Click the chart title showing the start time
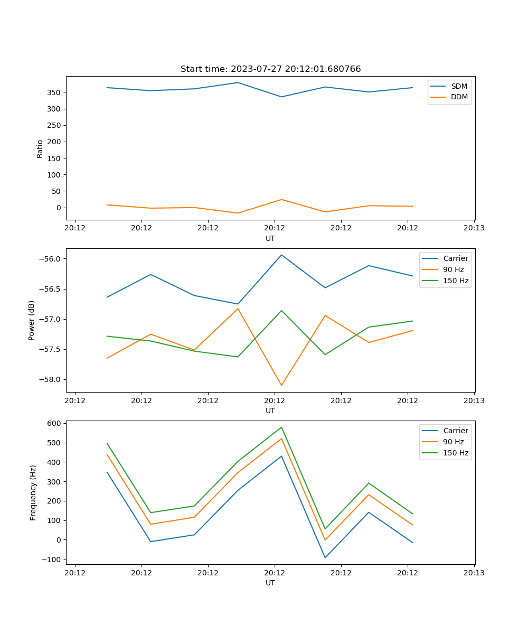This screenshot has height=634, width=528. (x=270, y=69)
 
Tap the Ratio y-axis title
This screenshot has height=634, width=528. (x=40, y=148)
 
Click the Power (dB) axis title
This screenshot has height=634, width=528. (x=32, y=320)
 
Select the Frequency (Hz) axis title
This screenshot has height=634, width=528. (x=33, y=492)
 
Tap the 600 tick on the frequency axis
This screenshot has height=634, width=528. (x=54, y=423)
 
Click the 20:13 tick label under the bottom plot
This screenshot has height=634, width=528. (x=474, y=572)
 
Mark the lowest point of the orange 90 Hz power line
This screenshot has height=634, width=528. (x=281, y=385)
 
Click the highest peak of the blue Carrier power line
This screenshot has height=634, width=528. (x=281, y=255)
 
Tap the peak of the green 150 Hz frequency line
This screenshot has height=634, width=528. (x=281, y=427)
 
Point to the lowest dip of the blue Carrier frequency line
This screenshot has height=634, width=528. (x=325, y=557)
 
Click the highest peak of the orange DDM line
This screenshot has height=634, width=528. (x=281, y=200)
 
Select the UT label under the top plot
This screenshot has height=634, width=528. (x=270, y=238)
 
